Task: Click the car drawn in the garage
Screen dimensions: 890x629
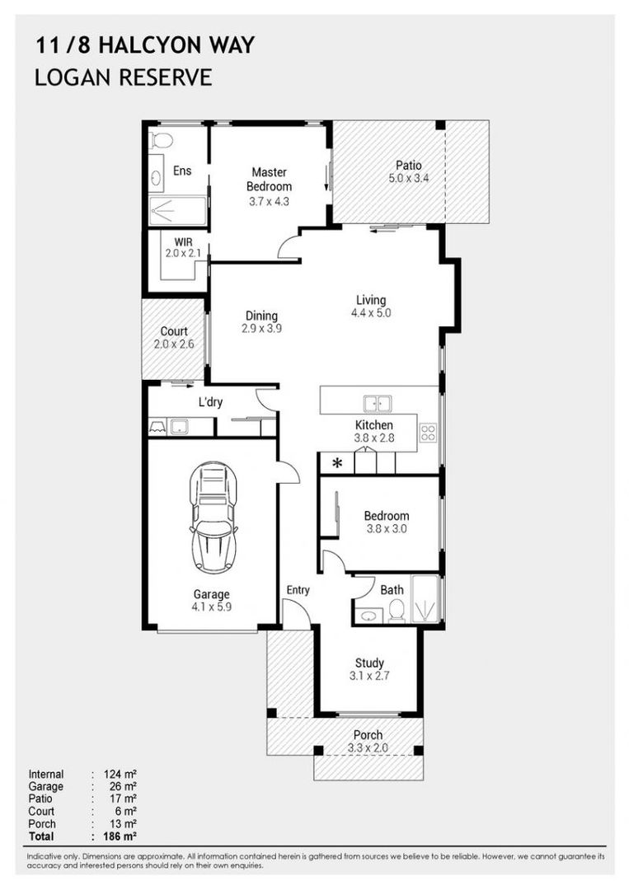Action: [x=213, y=517]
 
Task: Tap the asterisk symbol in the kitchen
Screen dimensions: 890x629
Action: [x=336, y=463]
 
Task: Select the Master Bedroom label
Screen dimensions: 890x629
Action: [x=269, y=180]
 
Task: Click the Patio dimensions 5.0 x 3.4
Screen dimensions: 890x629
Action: [x=408, y=180]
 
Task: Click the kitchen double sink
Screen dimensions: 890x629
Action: [x=378, y=403]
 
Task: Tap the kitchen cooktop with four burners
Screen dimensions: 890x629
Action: [x=428, y=433]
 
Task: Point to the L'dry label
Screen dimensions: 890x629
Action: [x=212, y=403]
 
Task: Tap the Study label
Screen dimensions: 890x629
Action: [x=369, y=663]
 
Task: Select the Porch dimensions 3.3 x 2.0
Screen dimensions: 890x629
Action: [x=368, y=748]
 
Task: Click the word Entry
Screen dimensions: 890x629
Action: [x=298, y=590]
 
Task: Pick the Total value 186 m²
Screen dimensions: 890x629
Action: [x=120, y=836]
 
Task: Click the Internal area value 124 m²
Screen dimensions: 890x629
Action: [x=120, y=775]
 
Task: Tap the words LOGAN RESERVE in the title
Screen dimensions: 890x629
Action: [x=123, y=77]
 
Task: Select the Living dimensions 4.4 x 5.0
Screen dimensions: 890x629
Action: [x=370, y=313]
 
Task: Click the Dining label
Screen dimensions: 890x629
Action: [x=261, y=316]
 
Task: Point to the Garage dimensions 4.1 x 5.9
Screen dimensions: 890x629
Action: [x=212, y=608]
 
